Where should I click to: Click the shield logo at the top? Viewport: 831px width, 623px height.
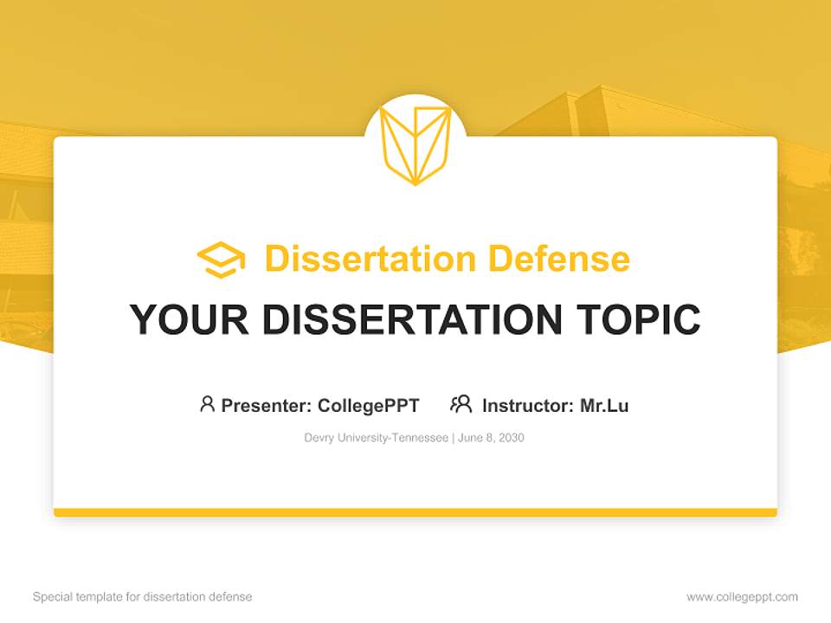415,145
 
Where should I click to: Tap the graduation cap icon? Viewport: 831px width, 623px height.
221,260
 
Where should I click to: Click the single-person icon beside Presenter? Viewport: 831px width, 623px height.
207,404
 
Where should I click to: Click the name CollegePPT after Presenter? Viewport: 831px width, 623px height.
368,405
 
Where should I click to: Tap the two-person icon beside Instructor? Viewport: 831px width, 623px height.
461,404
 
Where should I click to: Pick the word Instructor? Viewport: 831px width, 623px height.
525,405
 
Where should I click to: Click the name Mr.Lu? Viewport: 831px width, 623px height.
604,405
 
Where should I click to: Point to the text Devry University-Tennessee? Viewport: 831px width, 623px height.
376,438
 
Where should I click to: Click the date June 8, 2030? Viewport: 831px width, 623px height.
491,438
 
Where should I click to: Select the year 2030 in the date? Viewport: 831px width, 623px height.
511,438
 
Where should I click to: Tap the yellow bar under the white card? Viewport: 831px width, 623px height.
415,512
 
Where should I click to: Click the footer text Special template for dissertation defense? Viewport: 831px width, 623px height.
143,597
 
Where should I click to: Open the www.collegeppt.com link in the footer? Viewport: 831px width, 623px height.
742,597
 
